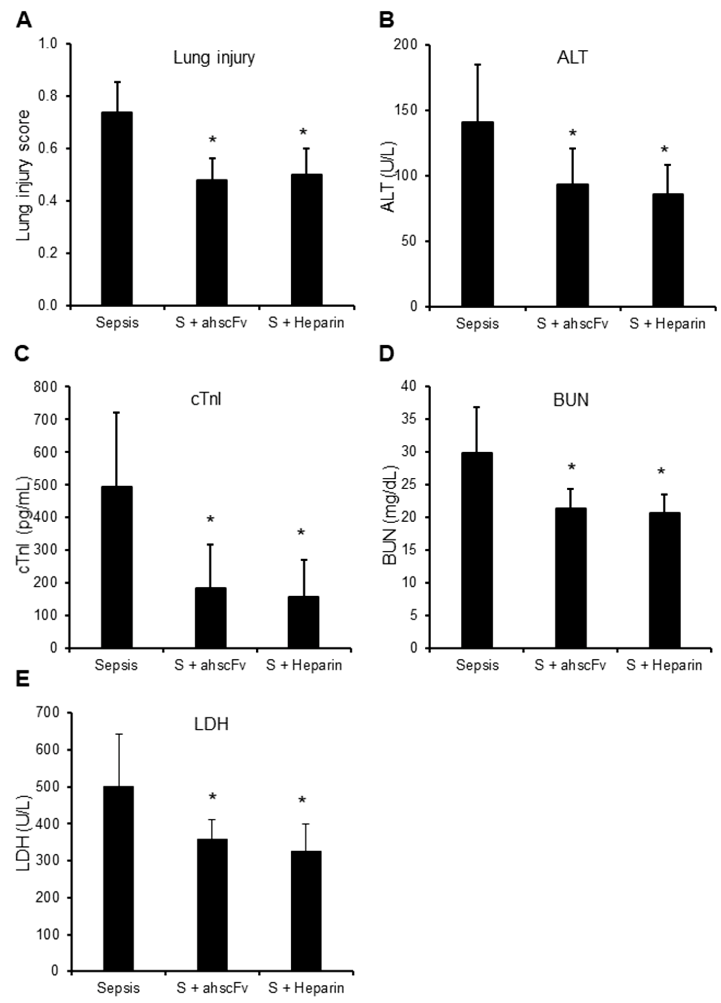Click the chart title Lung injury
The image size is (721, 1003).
pyautogui.click(x=214, y=58)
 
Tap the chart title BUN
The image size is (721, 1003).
pyautogui.click(x=571, y=400)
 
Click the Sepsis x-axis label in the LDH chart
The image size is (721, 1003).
pyautogui.click(x=118, y=988)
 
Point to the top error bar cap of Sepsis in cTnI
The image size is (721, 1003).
pyautogui.click(x=117, y=412)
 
